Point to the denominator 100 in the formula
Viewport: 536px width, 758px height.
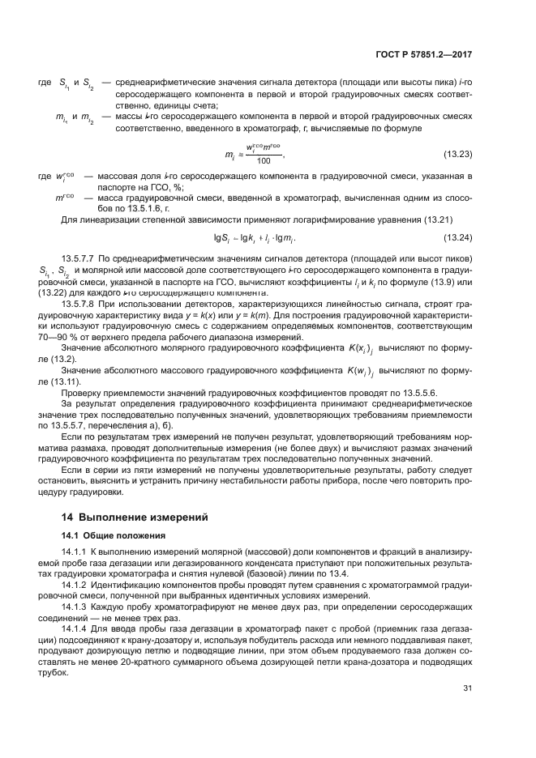tap(263, 161)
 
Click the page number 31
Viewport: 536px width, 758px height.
tap(467, 688)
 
